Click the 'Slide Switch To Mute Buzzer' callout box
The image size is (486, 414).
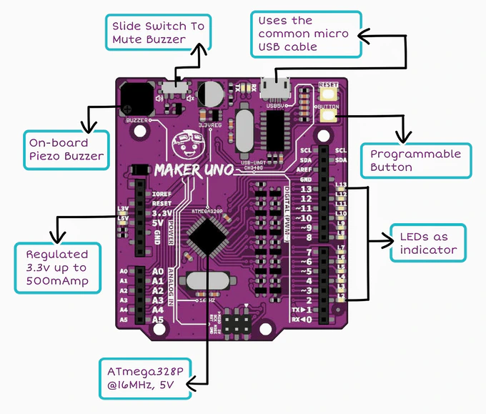[158, 32]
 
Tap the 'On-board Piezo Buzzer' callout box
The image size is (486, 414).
[65, 149]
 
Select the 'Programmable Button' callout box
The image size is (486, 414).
[416, 161]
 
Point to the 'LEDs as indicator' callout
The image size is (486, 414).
[427, 244]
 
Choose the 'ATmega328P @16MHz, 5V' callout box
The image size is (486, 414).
[145, 378]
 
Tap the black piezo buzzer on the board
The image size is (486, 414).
[134, 97]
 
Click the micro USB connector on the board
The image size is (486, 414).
[275, 90]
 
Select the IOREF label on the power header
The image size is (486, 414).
[161, 194]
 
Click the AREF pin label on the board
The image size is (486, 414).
[305, 170]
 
